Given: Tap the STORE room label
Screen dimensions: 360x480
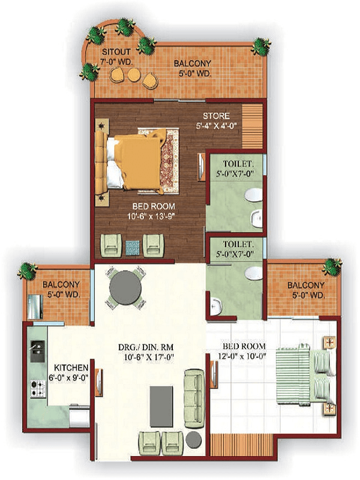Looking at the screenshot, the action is click(217, 116).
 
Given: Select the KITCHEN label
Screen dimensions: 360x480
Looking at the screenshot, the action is click(71, 367).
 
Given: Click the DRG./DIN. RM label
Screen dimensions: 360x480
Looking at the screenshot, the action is click(146, 347).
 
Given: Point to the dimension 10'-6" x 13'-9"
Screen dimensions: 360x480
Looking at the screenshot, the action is click(151, 216).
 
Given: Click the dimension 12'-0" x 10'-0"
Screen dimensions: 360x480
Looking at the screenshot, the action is click(242, 356).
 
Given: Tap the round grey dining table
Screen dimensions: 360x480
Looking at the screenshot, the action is click(125, 287).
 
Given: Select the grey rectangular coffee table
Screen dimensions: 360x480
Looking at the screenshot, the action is click(161, 406).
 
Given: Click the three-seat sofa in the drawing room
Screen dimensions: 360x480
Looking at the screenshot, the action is click(194, 398).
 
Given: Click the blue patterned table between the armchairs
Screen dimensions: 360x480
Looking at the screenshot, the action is click(133, 247).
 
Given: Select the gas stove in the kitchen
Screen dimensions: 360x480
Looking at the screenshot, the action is click(38, 388).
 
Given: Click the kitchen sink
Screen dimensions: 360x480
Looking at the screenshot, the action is click(37, 351).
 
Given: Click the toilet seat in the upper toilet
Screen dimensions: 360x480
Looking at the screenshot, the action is click(254, 195).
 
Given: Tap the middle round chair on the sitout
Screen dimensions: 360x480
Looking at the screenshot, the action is click(133, 74).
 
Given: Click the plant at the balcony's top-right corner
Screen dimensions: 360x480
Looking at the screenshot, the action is click(261, 47).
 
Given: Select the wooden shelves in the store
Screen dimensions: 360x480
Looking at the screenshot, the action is click(252, 126).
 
